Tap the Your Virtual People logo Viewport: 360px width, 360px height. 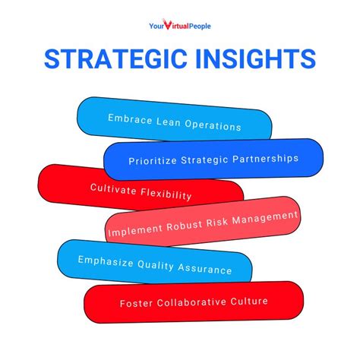(x=179, y=27)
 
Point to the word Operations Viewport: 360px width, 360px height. (x=215, y=126)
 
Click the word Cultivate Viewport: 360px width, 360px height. (x=115, y=188)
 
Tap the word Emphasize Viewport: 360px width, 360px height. (x=106, y=261)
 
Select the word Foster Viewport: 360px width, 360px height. (x=135, y=302)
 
